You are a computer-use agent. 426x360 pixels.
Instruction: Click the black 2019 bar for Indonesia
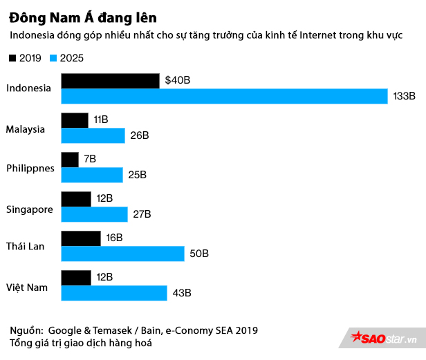(x=110, y=80)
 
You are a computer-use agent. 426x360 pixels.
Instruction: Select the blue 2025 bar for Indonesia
(x=224, y=96)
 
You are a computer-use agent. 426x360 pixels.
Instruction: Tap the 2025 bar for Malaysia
(x=93, y=135)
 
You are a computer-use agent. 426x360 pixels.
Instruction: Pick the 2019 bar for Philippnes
(x=70, y=160)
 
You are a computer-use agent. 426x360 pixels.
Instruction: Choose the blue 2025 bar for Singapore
(x=94, y=214)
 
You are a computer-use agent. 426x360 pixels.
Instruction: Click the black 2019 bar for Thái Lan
(x=81, y=238)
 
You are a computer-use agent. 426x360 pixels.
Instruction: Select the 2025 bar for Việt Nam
(x=114, y=293)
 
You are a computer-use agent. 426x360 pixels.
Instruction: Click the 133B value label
(x=404, y=96)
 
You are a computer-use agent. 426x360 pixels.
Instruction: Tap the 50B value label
(x=199, y=254)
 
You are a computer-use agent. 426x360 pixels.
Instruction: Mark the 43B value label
(x=181, y=293)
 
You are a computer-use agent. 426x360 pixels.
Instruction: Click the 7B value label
(x=90, y=160)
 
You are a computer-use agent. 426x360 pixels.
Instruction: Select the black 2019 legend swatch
(x=13, y=58)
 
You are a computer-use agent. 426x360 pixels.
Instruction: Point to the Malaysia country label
(x=26, y=129)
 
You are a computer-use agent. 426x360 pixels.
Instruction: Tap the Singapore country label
(x=29, y=208)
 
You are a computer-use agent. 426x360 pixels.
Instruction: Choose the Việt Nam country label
(x=27, y=287)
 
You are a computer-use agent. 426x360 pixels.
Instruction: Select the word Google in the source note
(x=64, y=330)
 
